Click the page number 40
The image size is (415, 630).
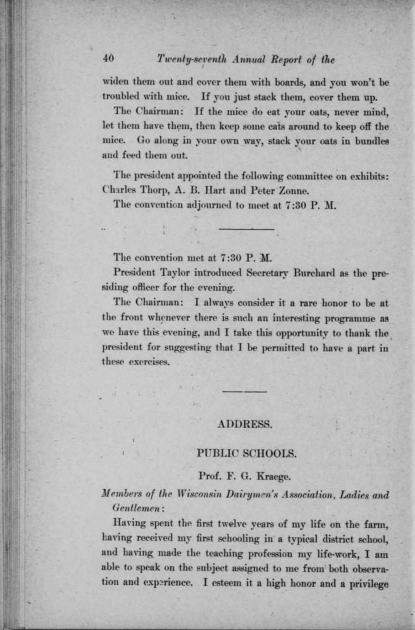108,59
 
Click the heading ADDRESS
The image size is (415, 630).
245,424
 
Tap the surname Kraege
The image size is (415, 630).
273,478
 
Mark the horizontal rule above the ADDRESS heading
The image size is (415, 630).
245,391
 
